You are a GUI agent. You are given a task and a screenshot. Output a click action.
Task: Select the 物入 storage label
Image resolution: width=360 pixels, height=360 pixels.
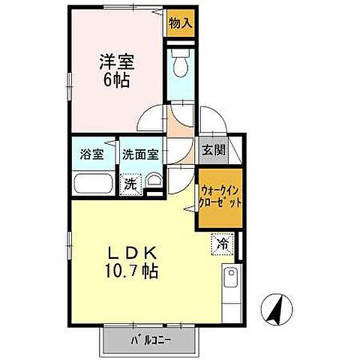pyautogui.click(x=179, y=22)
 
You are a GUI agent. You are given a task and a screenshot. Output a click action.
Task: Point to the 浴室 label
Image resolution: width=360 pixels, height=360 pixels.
pyautogui.click(x=92, y=156)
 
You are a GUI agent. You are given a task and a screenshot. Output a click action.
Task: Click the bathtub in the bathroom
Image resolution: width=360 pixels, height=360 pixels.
pyautogui.click(x=93, y=184)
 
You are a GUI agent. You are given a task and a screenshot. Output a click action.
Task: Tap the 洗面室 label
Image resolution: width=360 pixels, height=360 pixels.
pyautogui.click(x=140, y=156)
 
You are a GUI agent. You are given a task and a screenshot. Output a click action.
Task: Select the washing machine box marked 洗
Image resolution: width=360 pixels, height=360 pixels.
pyautogui.click(x=131, y=182)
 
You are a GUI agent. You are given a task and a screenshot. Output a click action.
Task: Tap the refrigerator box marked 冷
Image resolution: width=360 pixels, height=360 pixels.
pyautogui.click(x=222, y=243)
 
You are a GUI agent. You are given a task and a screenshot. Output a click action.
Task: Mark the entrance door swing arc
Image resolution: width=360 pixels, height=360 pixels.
pyautogui.click(x=211, y=121)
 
